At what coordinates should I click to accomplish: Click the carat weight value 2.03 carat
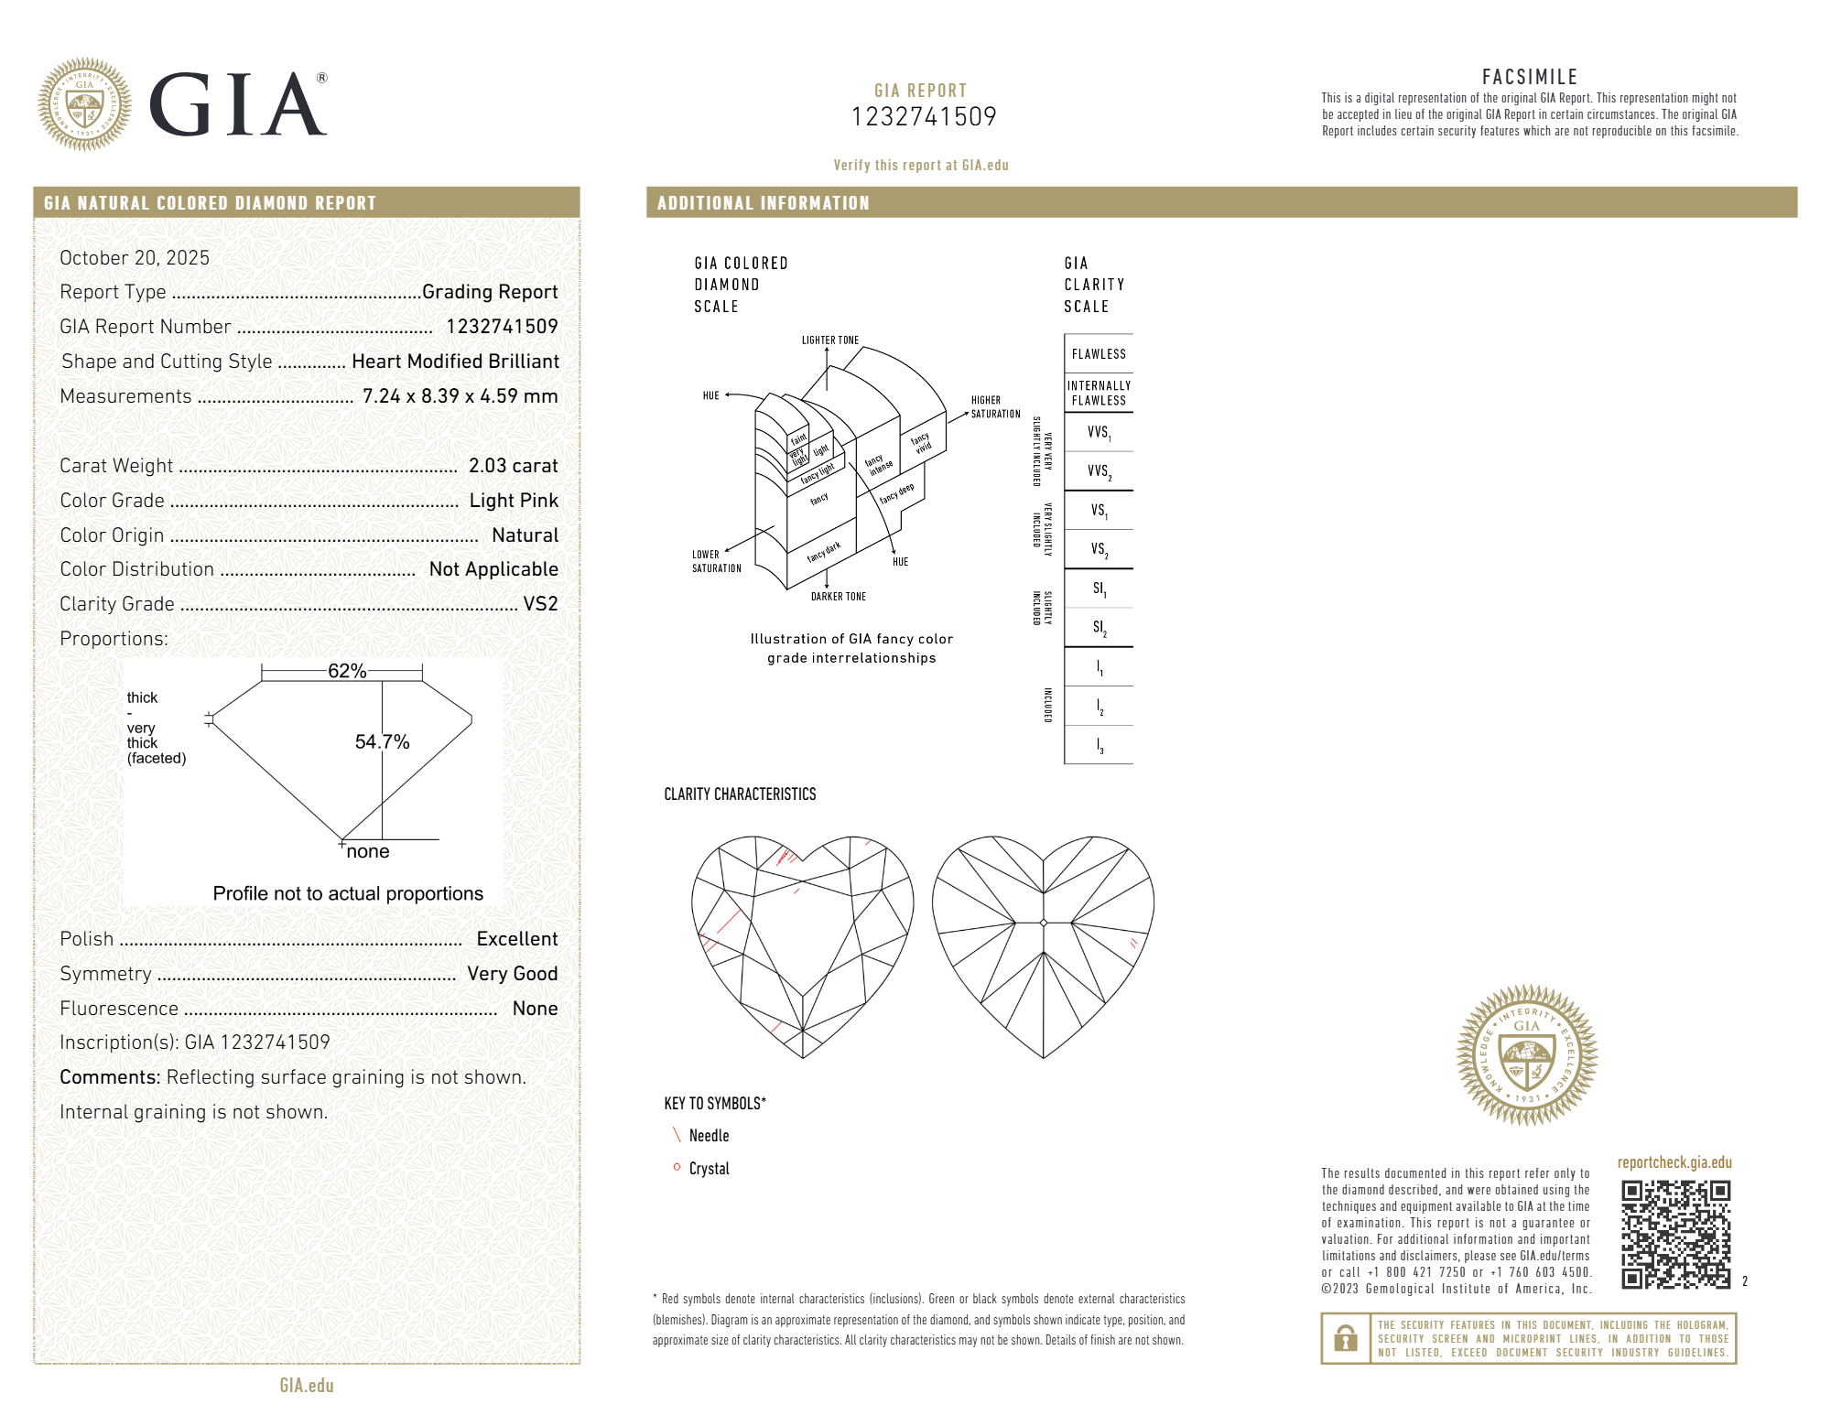513,466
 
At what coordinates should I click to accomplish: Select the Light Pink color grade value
514,501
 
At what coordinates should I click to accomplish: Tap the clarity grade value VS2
540,604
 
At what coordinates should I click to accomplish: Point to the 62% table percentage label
347,671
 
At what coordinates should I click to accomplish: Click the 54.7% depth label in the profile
382,742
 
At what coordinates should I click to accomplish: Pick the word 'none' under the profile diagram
368,851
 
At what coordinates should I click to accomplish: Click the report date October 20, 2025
135,258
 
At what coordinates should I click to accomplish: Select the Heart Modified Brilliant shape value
455,362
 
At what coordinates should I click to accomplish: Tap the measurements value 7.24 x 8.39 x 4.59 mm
460,396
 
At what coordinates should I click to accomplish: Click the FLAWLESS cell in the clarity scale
1099,354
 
